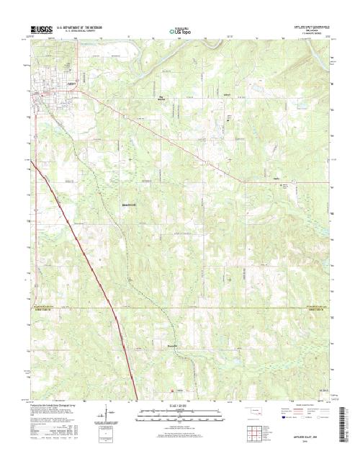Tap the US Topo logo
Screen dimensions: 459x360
coord(180,32)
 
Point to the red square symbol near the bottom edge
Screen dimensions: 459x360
coord(171,391)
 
